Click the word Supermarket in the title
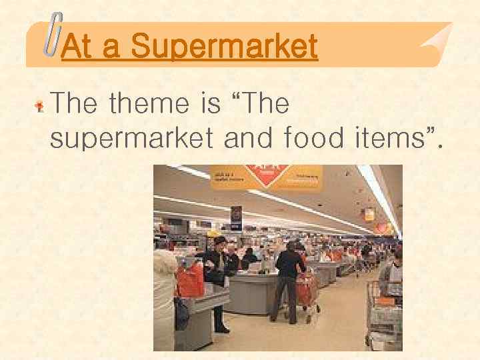point(224,47)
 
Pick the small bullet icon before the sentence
point(40,105)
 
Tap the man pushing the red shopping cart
point(289,273)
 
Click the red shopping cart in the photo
point(307,293)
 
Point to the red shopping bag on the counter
point(190,279)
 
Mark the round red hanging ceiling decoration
point(382,228)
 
